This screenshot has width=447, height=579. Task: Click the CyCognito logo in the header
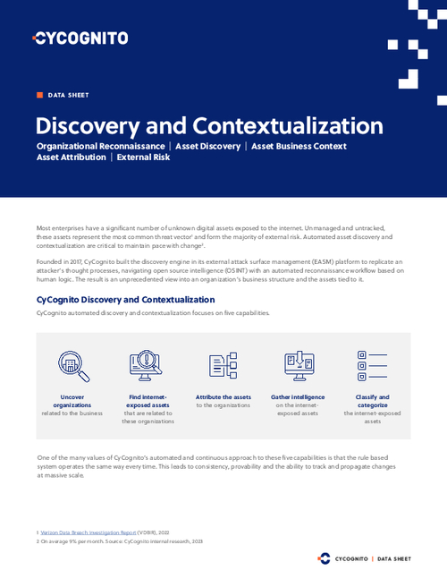point(80,38)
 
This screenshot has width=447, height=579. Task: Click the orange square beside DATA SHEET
point(39,94)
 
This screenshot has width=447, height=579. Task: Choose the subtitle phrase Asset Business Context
point(299,146)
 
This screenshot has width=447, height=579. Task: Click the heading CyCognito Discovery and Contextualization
point(125,300)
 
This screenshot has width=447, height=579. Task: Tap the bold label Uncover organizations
point(66,401)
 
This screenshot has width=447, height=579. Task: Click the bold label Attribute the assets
point(223,396)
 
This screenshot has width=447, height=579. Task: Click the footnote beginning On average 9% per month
point(115,541)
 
